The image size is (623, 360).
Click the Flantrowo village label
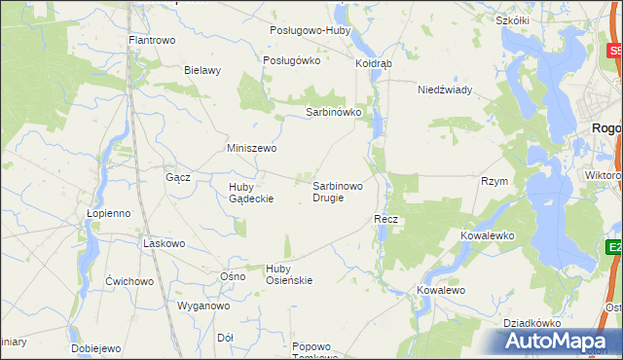click(x=151, y=41)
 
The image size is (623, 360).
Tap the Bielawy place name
click(x=203, y=70)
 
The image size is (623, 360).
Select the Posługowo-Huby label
click(x=310, y=30)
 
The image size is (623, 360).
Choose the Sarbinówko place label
click(x=334, y=112)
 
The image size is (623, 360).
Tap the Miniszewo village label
click(x=252, y=148)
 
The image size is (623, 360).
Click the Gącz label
click(x=178, y=178)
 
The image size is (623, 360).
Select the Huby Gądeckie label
click(x=251, y=193)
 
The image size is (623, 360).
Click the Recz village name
click(x=386, y=220)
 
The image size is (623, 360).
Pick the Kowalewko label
click(x=487, y=235)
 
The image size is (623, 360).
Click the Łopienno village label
click(x=108, y=213)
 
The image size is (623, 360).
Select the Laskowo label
click(x=164, y=243)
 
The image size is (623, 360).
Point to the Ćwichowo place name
click(x=130, y=281)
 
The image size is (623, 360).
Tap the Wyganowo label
click(x=202, y=306)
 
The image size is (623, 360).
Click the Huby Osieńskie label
click(x=288, y=274)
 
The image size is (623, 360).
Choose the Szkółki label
click(x=511, y=20)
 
